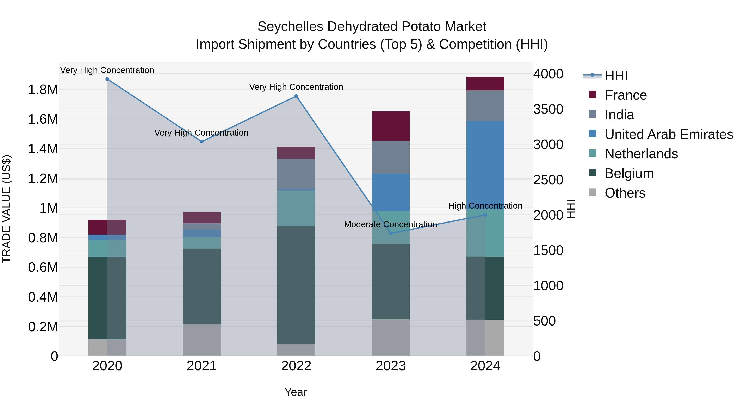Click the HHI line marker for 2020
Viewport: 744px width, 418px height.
[x=107, y=79]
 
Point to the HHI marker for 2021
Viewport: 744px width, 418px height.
[x=201, y=142]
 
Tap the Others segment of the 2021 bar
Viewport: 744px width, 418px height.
[x=201, y=340]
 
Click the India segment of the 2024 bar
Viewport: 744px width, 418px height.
[x=485, y=105]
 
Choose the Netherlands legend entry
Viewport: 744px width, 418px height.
[x=641, y=154]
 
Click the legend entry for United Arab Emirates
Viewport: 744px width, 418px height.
[x=669, y=134]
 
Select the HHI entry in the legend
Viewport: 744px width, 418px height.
[x=616, y=76]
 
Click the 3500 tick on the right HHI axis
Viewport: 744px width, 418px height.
[x=548, y=109]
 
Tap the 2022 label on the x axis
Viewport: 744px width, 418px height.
[x=296, y=366]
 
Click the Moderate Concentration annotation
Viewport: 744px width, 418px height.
[x=390, y=224]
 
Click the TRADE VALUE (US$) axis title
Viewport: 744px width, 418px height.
[x=7, y=209]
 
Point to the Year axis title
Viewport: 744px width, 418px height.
[x=296, y=392]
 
